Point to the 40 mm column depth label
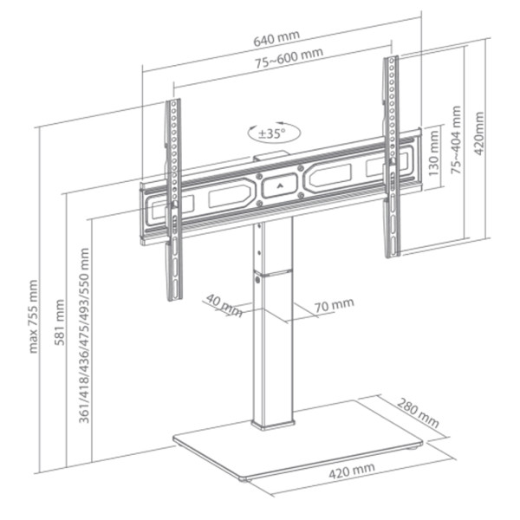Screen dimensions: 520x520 pyautogui.click(x=224, y=306)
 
